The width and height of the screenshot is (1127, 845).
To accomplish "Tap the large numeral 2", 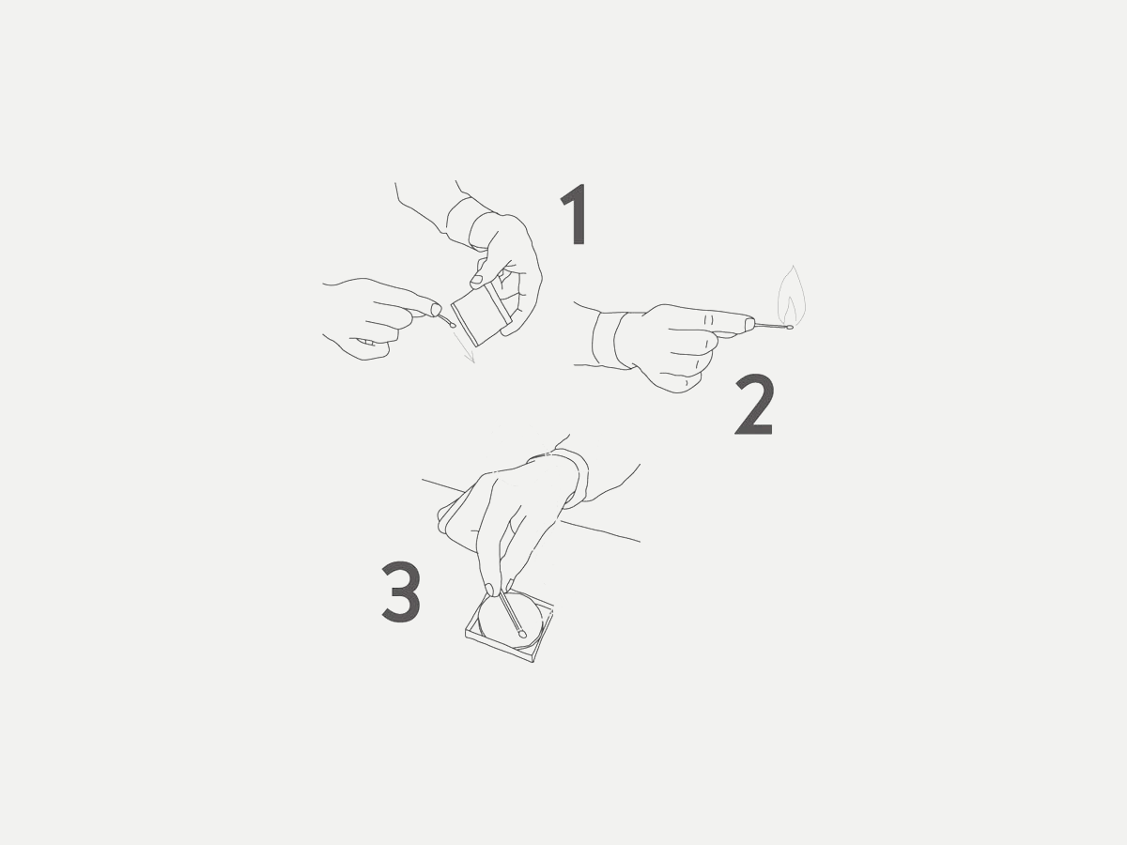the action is coord(754,405).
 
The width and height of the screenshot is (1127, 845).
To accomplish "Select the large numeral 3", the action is coord(401,592).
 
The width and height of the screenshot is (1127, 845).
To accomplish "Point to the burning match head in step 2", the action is coord(790,327).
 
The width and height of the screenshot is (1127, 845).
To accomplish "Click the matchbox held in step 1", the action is coord(482,314).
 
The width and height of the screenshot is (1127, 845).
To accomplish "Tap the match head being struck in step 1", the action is coord(453,324).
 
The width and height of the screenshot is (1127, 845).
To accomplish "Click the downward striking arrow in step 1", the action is coord(464,347).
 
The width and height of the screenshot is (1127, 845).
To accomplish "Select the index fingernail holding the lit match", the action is coord(749,323).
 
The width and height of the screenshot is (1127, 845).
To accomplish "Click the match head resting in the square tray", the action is coord(522,633).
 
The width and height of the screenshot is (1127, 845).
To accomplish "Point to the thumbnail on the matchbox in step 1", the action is coord(477,280).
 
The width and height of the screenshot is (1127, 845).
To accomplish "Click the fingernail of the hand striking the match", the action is coord(437,310).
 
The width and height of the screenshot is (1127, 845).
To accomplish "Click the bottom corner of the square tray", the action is coord(533,662).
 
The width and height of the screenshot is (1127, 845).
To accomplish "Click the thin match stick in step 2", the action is coord(770,325).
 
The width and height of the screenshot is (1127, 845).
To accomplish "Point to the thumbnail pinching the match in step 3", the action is coord(490,590).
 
